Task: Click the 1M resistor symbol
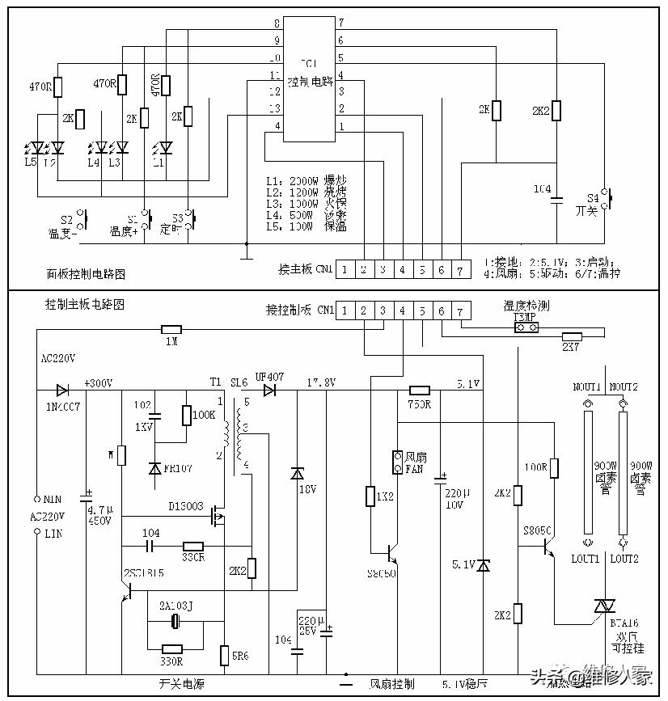click(171, 329)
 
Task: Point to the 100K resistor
click(187, 415)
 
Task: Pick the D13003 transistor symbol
click(217, 514)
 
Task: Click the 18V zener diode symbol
click(297, 473)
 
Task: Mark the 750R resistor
click(419, 389)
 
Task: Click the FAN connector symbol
click(397, 462)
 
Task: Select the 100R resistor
click(554, 467)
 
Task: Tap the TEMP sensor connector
click(518, 329)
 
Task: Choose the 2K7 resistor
click(573, 336)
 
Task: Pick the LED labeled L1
click(166, 147)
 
